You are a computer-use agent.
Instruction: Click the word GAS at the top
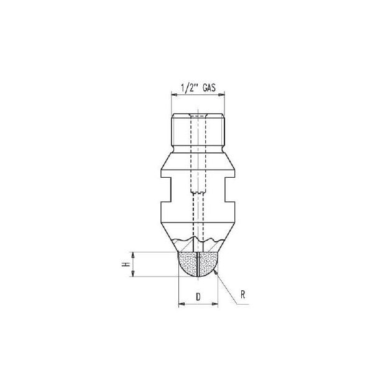pyautogui.click(x=210, y=88)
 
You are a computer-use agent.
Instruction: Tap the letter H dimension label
pyautogui.click(x=126, y=264)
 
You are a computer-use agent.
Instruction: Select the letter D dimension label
pyautogui.click(x=198, y=297)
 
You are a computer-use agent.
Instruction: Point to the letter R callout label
pyautogui.click(x=242, y=295)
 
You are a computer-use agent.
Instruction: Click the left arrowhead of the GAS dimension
pyautogui.click(x=174, y=95)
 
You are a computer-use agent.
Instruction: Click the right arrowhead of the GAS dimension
pyautogui.click(x=221, y=95)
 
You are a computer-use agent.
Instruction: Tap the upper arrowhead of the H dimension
pyautogui.click(x=133, y=255)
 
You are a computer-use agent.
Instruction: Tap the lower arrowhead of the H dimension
pyautogui.click(x=133, y=274)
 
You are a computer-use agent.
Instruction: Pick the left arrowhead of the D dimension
pyautogui.click(x=182, y=304)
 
